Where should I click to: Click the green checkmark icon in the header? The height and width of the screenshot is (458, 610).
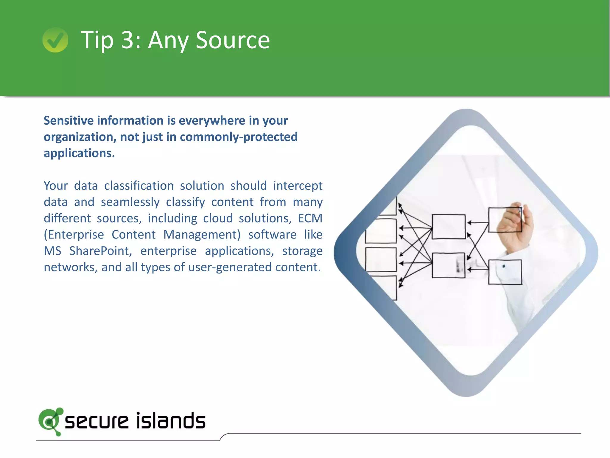(55, 40)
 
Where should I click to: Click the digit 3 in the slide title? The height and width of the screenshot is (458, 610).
(127, 40)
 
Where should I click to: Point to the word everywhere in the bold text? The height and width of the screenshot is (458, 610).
(212, 120)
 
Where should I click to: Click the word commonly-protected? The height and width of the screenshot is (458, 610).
(239, 137)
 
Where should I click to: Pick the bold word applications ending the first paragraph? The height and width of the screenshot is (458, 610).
(79, 153)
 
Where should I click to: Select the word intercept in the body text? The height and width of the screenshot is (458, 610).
(298, 186)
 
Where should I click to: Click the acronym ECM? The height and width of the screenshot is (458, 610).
(310, 218)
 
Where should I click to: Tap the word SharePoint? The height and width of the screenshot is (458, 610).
(100, 251)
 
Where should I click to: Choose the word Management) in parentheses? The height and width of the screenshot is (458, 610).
(202, 235)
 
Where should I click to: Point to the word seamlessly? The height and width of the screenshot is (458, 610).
(130, 202)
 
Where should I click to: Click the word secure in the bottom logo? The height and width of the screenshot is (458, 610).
(97, 421)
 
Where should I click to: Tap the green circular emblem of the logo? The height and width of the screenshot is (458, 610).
(50, 421)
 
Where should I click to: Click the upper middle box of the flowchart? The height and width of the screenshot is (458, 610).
(449, 227)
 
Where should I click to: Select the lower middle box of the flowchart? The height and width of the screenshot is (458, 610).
(448, 265)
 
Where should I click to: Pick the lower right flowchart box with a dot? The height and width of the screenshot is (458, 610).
(505, 272)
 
